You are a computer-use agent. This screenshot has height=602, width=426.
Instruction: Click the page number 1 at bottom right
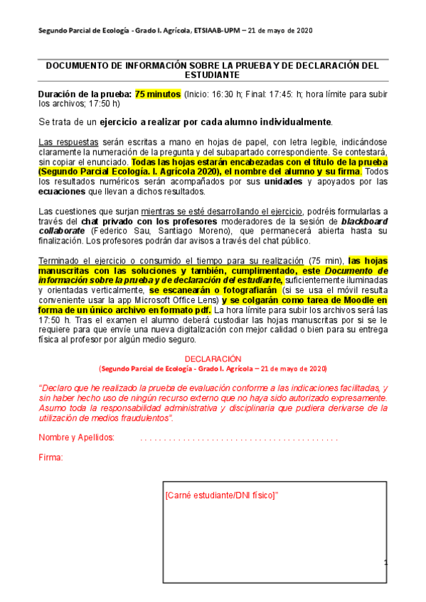[385, 563]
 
